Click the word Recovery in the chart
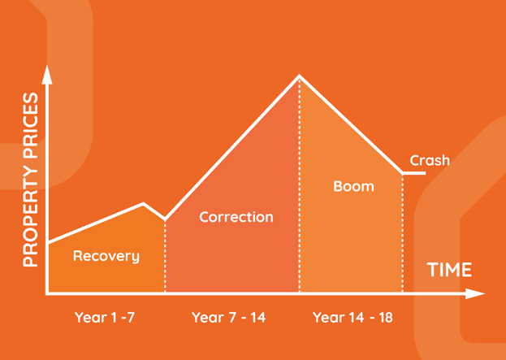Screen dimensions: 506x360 pos(106,256)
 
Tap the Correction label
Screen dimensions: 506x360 pos(236,217)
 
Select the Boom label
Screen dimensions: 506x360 pos(353,186)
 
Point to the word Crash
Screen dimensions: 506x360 pos(430,160)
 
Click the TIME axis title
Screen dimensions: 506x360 pos(449,270)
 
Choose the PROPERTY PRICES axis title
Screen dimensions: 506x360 pos(31,180)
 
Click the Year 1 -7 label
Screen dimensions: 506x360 pos(105,318)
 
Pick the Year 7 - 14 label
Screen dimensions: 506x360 pos(229,318)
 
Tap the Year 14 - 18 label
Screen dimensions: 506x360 pos(352,318)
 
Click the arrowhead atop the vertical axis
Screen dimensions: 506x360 pos(47,74)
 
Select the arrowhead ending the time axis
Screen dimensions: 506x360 pos(475,293)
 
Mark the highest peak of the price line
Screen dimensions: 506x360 pos(299,76)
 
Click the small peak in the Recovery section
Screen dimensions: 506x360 pos(143,203)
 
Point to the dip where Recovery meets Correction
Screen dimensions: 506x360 pos(165,219)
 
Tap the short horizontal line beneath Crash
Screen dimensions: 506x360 pos(414,173)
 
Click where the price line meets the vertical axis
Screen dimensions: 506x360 pos(48,242)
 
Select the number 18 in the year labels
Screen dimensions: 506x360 pos(387,318)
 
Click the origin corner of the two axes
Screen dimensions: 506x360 pos(47,293)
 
